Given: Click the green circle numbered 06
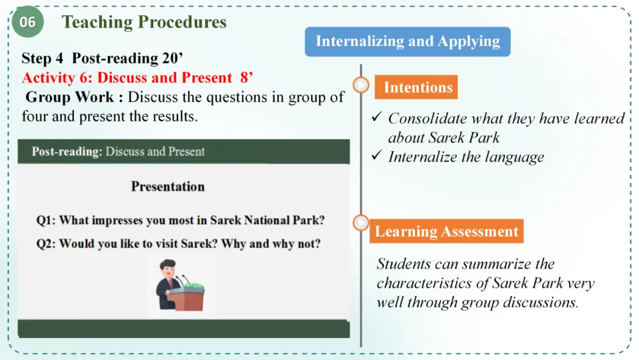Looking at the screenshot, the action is point(27,21).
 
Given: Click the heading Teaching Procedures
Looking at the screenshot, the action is point(144,22).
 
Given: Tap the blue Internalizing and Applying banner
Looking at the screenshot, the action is point(408,41).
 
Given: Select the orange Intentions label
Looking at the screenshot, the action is point(416,87).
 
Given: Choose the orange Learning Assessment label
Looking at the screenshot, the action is point(446,232).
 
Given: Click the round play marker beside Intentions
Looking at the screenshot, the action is point(361,85).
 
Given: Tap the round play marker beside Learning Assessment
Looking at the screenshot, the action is point(361,223).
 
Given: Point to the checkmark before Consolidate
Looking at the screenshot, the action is point(377,117).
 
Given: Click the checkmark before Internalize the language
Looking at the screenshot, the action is point(377,155).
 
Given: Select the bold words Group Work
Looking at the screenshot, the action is point(70,97).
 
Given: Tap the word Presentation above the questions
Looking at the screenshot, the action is point(168,187).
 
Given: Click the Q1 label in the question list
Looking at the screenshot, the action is point(46,221).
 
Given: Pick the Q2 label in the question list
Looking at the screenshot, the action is point(46,244).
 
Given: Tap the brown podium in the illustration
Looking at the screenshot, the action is point(187,299).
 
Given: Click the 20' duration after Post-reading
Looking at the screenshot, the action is point(173,58).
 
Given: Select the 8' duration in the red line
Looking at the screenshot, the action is point(247,77).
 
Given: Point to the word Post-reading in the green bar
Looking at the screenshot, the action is point(67,152).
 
